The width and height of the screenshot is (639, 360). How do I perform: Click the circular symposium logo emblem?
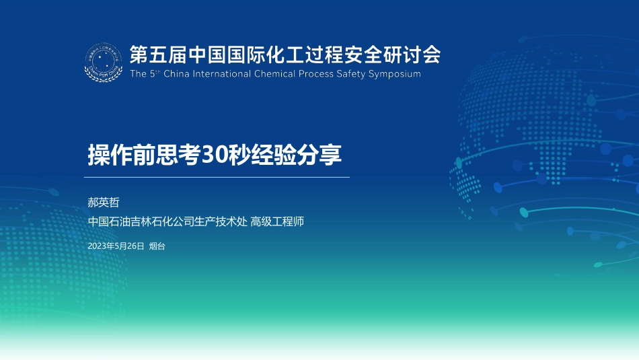(104, 62)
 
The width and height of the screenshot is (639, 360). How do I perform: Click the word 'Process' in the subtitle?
(316, 74)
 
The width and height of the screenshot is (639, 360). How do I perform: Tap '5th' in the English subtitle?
(155, 74)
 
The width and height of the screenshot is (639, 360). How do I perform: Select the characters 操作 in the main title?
(110, 155)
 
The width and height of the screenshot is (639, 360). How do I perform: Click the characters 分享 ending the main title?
(319, 155)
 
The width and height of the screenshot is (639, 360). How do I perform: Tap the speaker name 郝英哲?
(104, 203)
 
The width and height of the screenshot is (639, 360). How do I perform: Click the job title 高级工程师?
(277, 221)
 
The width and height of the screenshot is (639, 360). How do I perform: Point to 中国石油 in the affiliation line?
(109, 221)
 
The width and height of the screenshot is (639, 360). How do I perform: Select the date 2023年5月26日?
(116, 246)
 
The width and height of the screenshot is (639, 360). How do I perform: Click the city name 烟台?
(157, 246)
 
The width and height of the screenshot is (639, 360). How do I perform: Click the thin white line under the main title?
(217, 178)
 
